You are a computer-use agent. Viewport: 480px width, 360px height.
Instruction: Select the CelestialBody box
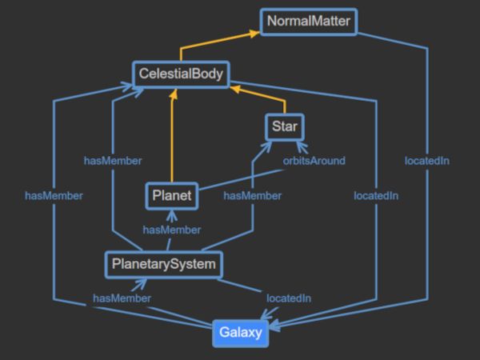click(x=181, y=75)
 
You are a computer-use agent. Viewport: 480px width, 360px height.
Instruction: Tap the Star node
click(x=284, y=126)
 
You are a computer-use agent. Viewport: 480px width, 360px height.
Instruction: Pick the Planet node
click(x=171, y=195)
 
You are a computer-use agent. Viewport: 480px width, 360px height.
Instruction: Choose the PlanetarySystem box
click(x=162, y=263)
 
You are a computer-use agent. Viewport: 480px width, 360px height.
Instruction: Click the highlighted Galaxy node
click(x=241, y=333)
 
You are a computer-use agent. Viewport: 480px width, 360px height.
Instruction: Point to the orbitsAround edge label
click(x=314, y=161)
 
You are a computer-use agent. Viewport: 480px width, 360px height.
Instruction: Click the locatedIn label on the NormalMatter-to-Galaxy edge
click(x=426, y=161)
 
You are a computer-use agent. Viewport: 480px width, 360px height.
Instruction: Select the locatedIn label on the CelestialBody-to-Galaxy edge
click(x=377, y=195)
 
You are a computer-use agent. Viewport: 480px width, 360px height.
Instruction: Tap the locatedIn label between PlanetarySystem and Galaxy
click(x=288, y=298)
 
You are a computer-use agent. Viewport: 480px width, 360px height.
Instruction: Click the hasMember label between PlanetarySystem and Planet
click(x=171, y=230)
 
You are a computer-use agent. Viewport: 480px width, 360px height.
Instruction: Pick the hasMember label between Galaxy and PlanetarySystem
click(x=122, y=298)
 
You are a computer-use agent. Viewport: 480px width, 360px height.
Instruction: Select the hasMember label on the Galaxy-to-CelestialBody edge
click(x=54, y=195)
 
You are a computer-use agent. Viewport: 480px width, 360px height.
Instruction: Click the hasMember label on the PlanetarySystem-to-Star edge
click(x=252, y=195)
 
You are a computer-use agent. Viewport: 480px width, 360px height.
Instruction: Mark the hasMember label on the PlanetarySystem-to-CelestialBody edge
click(x=113, y=161)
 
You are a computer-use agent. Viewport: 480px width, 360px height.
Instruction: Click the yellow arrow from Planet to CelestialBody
click(x=172, y=136)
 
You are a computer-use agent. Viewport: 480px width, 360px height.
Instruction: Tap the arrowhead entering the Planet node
click(x=171, y=214)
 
